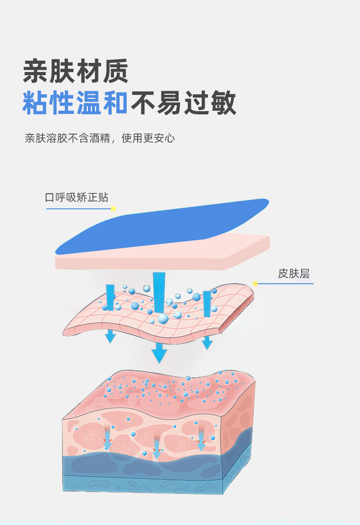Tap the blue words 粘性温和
(75, 103)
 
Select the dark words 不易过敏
(183, 103)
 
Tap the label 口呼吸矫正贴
(77, 197)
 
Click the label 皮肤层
(294, 273)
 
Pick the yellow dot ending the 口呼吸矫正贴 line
(113, 209)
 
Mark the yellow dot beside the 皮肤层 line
(255, 283)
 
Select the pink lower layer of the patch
(164, 257)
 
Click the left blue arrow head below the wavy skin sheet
(110, 338)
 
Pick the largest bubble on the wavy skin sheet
(163, 319)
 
